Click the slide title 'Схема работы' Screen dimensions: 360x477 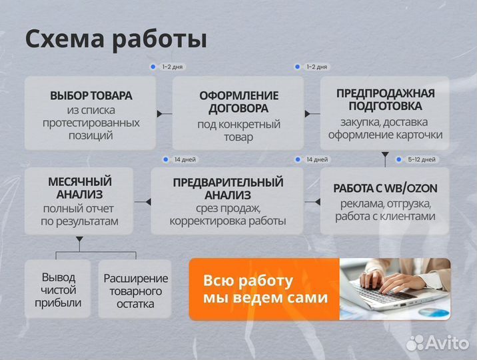[116, 39]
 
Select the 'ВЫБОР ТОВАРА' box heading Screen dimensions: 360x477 [91, 95]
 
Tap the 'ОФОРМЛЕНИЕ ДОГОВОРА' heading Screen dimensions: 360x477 [238, 101]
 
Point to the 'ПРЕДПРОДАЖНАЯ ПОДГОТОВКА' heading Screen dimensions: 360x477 [385, 99]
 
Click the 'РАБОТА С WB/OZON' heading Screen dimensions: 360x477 [385, 188]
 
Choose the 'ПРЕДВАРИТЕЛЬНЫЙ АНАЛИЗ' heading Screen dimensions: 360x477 [228, 188]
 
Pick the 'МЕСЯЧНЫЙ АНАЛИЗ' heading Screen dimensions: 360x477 [79, 187]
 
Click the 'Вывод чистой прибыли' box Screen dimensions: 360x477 [58, 290]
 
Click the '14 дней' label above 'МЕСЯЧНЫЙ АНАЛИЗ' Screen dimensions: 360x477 [183, 160]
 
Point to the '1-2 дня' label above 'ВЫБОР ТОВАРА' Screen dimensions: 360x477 [171, 67]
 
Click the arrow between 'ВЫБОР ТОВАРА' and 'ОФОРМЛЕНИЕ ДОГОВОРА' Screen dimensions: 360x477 [160, 114]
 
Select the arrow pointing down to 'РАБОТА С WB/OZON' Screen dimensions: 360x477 [385, 155]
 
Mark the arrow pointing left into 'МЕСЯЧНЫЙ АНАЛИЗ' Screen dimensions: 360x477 [139, 201]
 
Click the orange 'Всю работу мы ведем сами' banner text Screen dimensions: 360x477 [265, 289]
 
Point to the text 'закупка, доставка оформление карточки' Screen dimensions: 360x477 [385, 128]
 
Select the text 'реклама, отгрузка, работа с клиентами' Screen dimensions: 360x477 [385, 209]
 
